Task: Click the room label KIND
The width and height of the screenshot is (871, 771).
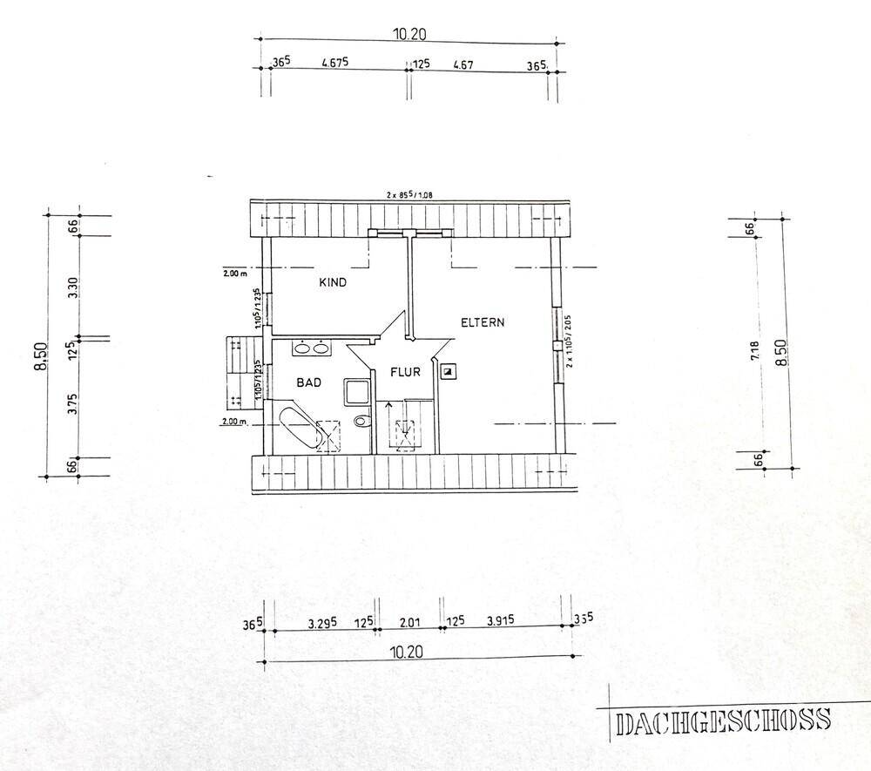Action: coord(334,282)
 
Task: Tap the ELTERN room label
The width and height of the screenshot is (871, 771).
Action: coord(483,322)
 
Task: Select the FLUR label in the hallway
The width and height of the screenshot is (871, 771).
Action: coord(405,372)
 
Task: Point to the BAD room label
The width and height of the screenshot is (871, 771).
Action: coord(309,382)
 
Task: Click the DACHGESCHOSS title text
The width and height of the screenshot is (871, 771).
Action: coord(722,721)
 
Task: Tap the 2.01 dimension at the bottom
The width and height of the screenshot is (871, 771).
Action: coord(408,622)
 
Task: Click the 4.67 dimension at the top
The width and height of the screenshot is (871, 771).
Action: coord(463,64)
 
